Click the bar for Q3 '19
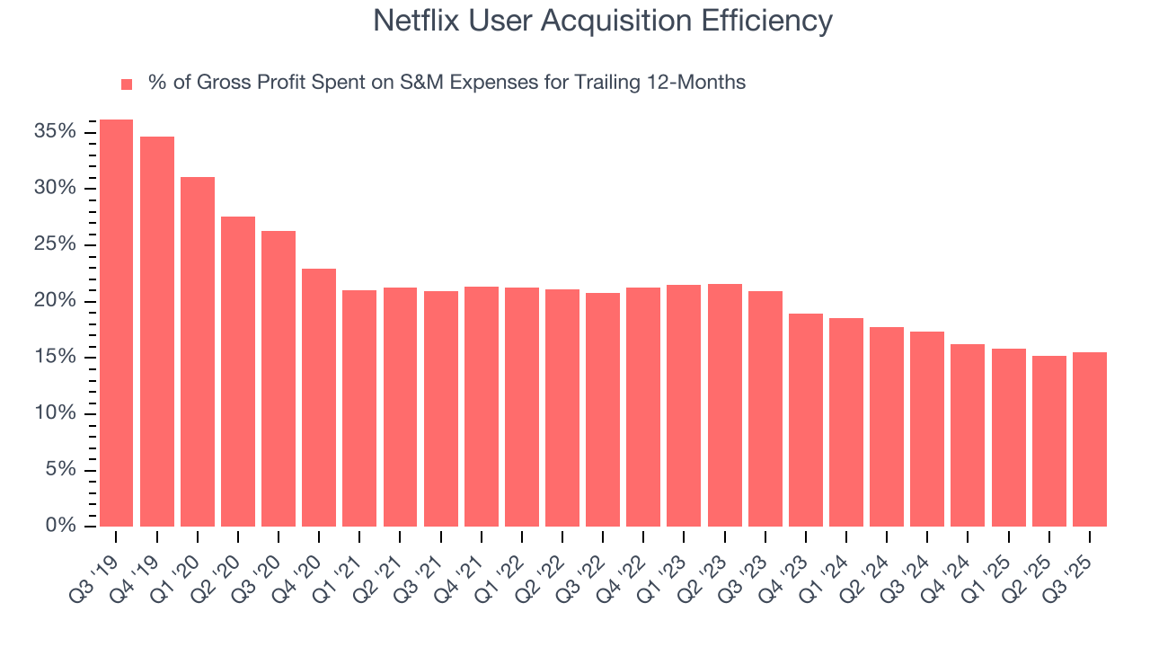click(116, 323)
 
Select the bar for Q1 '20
click(197, 351)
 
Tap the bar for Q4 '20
click(319, 397)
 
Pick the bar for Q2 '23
click(724, 404)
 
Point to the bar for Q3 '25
click(1089, 439)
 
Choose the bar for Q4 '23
click(805, 420)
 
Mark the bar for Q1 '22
click(522, 406)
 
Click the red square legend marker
click(127, 84)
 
